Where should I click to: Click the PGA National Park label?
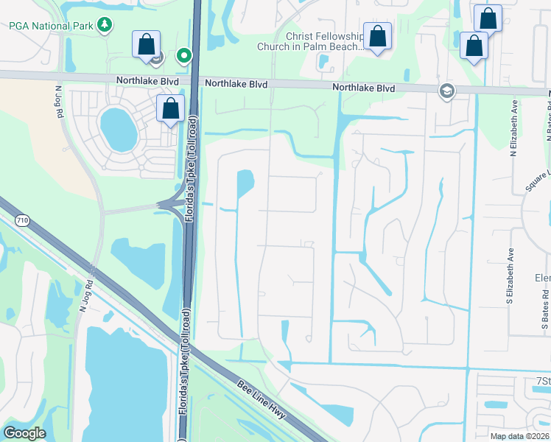(49, 25)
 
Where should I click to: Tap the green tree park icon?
(105, 25)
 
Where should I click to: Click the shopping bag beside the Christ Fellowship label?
(377, 37)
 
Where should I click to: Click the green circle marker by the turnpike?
(184, 55)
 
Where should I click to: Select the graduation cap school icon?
(446, 91)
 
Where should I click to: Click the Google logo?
(24, 433)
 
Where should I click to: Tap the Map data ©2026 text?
(519, 436)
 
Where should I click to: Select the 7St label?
(543, 380)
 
